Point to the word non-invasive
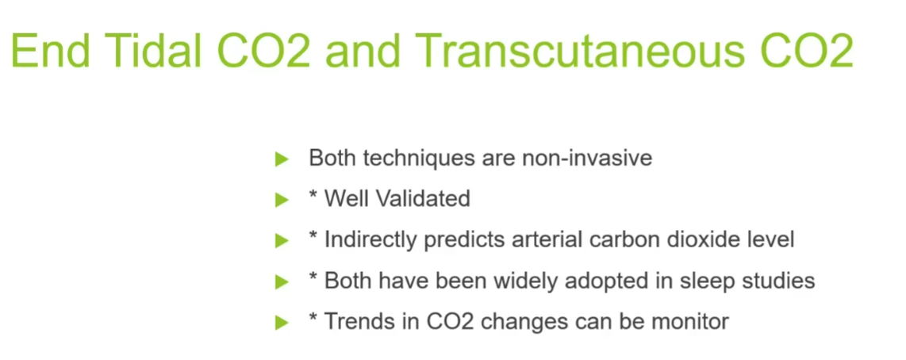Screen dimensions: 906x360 point(587,158)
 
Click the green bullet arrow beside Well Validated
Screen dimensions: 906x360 point(282,200)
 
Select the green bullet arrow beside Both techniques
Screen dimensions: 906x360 point(282,159)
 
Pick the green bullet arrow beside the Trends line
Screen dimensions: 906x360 point(282,323)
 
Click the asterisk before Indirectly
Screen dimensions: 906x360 point(313,236)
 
